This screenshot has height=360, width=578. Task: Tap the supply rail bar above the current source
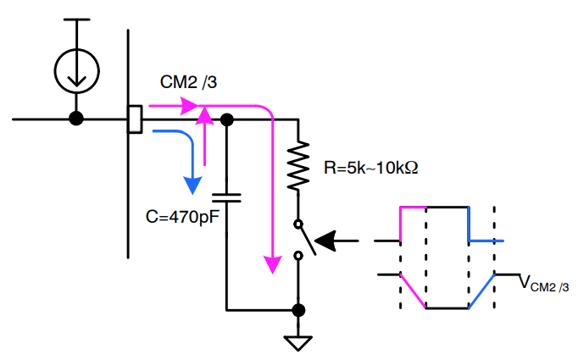(76, 19)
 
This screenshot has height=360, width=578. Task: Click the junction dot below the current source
(76, 119)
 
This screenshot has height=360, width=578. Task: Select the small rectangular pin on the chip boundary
(134, 119)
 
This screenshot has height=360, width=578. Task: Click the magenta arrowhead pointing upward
(204, 114)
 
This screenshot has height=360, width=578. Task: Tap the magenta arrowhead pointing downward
(272, 263)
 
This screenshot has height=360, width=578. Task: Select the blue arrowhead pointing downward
(194, 182)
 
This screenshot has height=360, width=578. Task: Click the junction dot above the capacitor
(226, 120)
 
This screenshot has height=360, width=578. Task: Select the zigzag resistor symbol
(298, 166)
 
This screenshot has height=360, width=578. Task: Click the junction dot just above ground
(298, 309)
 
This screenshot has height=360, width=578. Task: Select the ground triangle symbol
(298, 342)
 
